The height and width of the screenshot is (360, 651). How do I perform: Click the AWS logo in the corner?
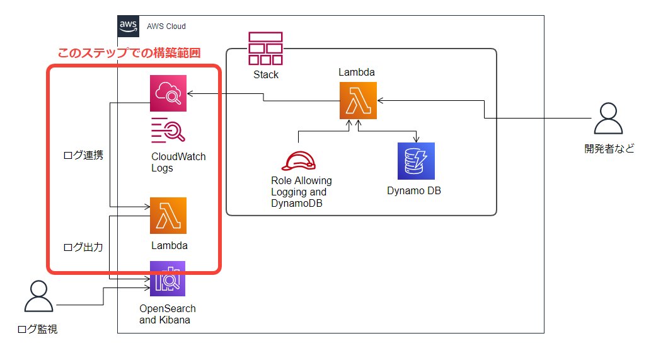129,26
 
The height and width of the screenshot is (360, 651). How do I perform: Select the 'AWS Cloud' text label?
166,26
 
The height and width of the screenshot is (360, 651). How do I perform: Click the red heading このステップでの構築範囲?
129,54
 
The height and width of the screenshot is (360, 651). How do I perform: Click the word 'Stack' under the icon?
265,74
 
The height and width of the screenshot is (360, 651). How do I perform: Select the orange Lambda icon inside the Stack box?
357,100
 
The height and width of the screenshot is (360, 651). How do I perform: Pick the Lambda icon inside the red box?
168,216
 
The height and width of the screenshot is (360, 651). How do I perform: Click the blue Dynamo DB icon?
416,161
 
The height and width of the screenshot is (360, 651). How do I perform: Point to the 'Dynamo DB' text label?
414,190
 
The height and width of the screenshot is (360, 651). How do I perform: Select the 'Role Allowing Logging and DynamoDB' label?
297,192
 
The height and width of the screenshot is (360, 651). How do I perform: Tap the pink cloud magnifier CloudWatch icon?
168,93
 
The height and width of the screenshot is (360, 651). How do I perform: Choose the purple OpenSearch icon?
168,278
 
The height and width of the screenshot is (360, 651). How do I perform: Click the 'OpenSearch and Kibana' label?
168,314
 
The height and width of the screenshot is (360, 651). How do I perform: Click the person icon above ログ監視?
38,296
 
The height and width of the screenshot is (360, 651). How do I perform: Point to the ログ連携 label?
83,156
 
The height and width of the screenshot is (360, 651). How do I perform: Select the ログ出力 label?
83,247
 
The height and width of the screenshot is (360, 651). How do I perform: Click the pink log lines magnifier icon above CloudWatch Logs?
168,131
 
